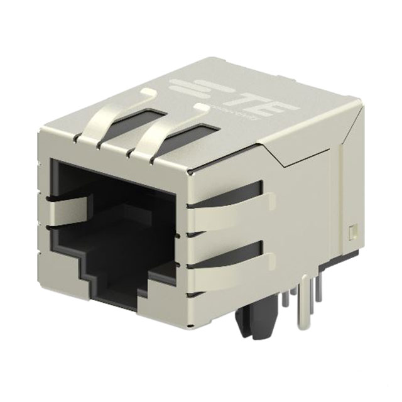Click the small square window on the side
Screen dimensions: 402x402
352,232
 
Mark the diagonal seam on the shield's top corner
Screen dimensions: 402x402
276,151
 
